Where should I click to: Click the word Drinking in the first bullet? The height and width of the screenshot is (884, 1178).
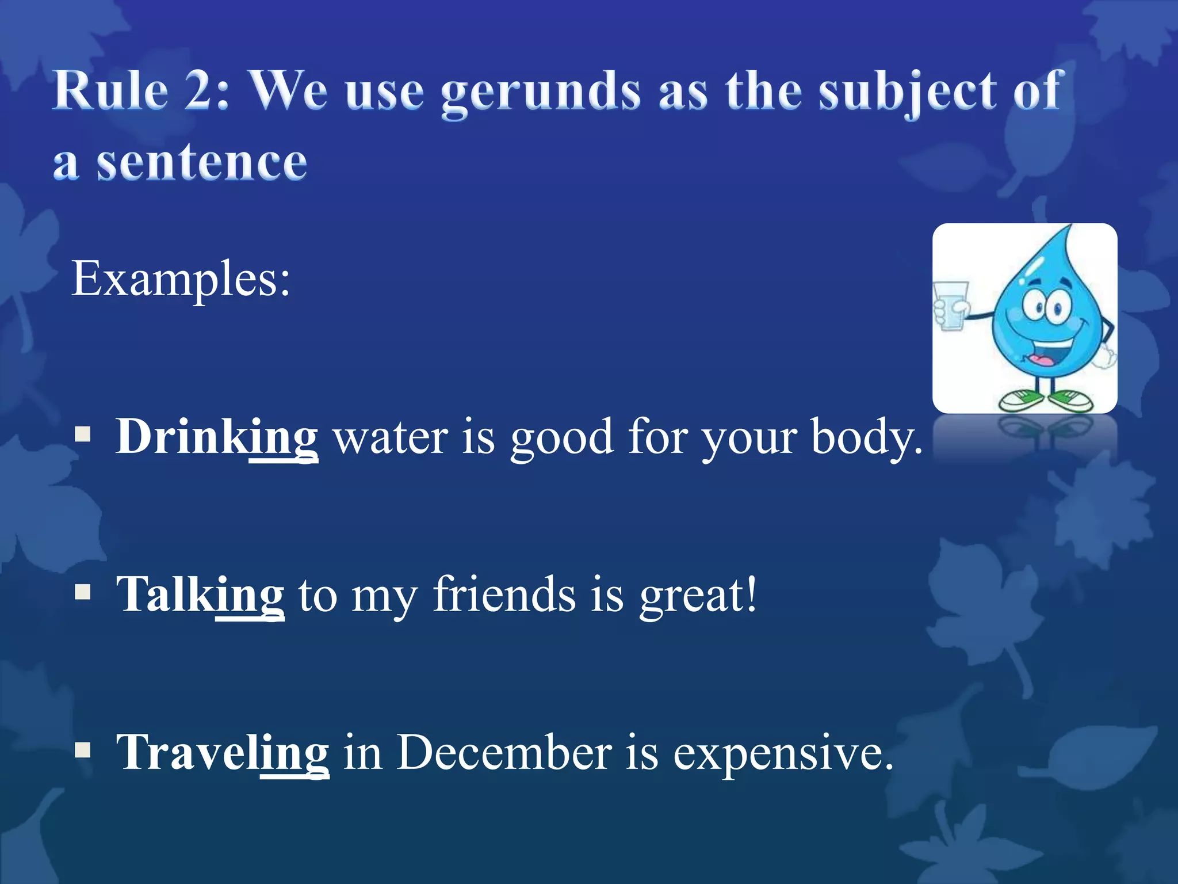(x=216, y=437)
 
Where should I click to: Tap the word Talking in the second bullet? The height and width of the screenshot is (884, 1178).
(x=200, y=595)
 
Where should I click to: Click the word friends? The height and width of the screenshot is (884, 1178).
(x=504, y=595)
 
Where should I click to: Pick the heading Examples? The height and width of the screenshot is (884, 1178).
(x=181, y=279)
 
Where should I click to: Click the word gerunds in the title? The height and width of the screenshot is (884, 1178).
(x=541, y=92)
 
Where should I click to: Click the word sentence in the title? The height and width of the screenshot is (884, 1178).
(x=201, y=163)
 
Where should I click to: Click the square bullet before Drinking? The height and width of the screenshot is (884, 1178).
(x=83, y=435)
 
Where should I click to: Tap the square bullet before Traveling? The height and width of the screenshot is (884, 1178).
(x=83, y=749)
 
